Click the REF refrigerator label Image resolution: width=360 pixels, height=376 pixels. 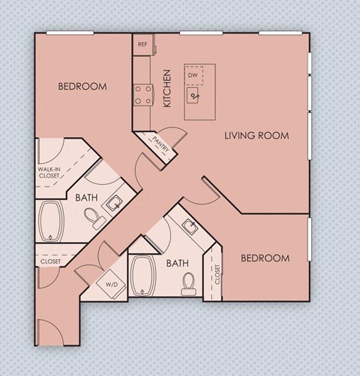pos(142,44)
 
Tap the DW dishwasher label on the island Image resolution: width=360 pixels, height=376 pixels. pos(193,76)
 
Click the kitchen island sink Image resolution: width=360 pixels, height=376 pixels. pos(195,95)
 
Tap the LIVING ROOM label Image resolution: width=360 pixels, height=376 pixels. pos(256,136)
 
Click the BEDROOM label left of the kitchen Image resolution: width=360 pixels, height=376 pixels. pos(82,86)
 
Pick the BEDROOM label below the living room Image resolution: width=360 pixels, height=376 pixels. pos(265,258)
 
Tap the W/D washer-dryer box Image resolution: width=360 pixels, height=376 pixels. pos(112,285)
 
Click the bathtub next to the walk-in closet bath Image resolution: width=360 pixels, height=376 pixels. pos(53,220)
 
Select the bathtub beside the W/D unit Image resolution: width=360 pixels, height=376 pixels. pos(142,275)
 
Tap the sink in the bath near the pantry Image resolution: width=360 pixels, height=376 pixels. pos(114,201)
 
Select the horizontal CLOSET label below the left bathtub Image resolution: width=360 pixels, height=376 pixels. pos(50,261)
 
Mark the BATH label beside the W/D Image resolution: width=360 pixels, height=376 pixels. pos(177,263)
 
